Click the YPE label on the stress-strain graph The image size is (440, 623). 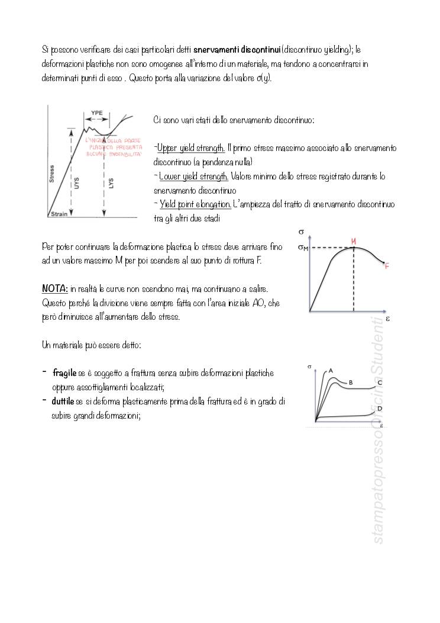[x=97, y=112]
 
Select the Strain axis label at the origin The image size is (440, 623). [x=59, y=214]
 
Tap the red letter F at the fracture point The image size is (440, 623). [x=387, y=266]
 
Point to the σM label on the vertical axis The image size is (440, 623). [x=303, y=248]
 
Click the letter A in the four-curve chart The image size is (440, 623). [x=331, y=371]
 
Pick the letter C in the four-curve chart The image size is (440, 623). [x=380, y=383]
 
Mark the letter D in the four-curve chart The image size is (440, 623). [x=380, y=409]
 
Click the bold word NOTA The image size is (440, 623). [x=55, y=288]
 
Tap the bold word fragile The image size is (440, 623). [x=64, y=373]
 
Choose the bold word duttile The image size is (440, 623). [x=63, y=402]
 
